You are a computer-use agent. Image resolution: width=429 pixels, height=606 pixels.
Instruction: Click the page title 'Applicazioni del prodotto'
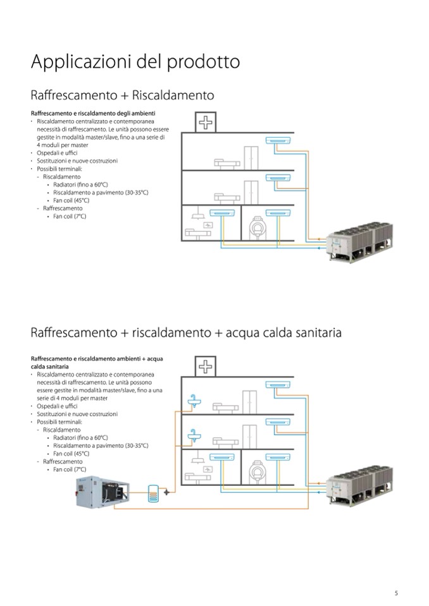(135, 63)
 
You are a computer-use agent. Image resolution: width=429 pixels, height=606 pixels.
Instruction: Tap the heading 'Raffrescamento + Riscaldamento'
(122, 96)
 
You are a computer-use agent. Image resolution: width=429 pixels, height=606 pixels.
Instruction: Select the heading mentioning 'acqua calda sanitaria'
(186, 333)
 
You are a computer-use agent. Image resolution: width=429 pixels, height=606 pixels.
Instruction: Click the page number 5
(396, 593)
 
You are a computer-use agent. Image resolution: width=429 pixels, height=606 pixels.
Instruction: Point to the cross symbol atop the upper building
(206, 122)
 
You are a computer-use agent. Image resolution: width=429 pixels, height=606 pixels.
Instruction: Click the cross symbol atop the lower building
(206, 365)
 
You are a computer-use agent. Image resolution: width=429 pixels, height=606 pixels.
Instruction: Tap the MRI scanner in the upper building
(258, 226)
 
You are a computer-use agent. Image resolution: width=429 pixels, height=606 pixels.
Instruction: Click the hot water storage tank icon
(152, 491)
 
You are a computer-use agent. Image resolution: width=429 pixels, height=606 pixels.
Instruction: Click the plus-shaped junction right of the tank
(166, 491)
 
